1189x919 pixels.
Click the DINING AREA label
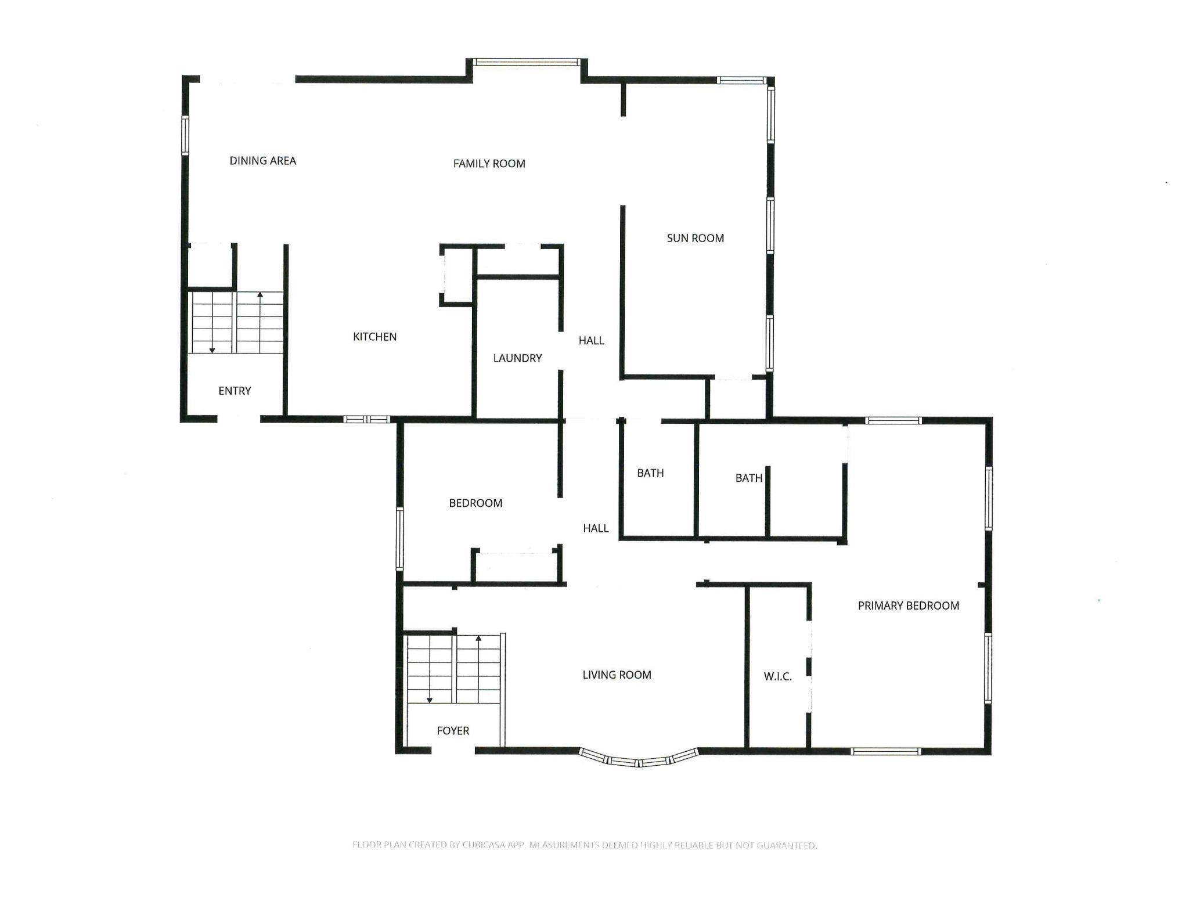click(262, 161)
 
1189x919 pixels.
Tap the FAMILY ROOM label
click(489, 164)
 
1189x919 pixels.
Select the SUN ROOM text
click(695, 238)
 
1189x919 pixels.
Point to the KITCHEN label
click(374, 337)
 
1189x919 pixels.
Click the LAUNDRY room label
click(517, 358)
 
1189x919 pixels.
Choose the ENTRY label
click(235, 391)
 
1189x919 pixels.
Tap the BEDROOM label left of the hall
click(475, 503)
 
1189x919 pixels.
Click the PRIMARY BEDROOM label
click(908, 606)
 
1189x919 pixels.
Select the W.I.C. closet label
click(777, 676)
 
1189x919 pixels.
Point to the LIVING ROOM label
click(617, 675)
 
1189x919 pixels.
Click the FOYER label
click(453, 731)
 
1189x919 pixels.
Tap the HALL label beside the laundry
click(591, 341)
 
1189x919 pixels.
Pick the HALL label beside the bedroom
click(596, 528)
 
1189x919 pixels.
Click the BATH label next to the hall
click(650, 473)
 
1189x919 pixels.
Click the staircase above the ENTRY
click(237, 323)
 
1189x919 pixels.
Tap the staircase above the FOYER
click(453, 668)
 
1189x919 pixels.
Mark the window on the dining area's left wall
click(185, 135)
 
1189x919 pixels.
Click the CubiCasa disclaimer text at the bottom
click(584, 845)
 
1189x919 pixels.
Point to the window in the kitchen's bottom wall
click(366, 419)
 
